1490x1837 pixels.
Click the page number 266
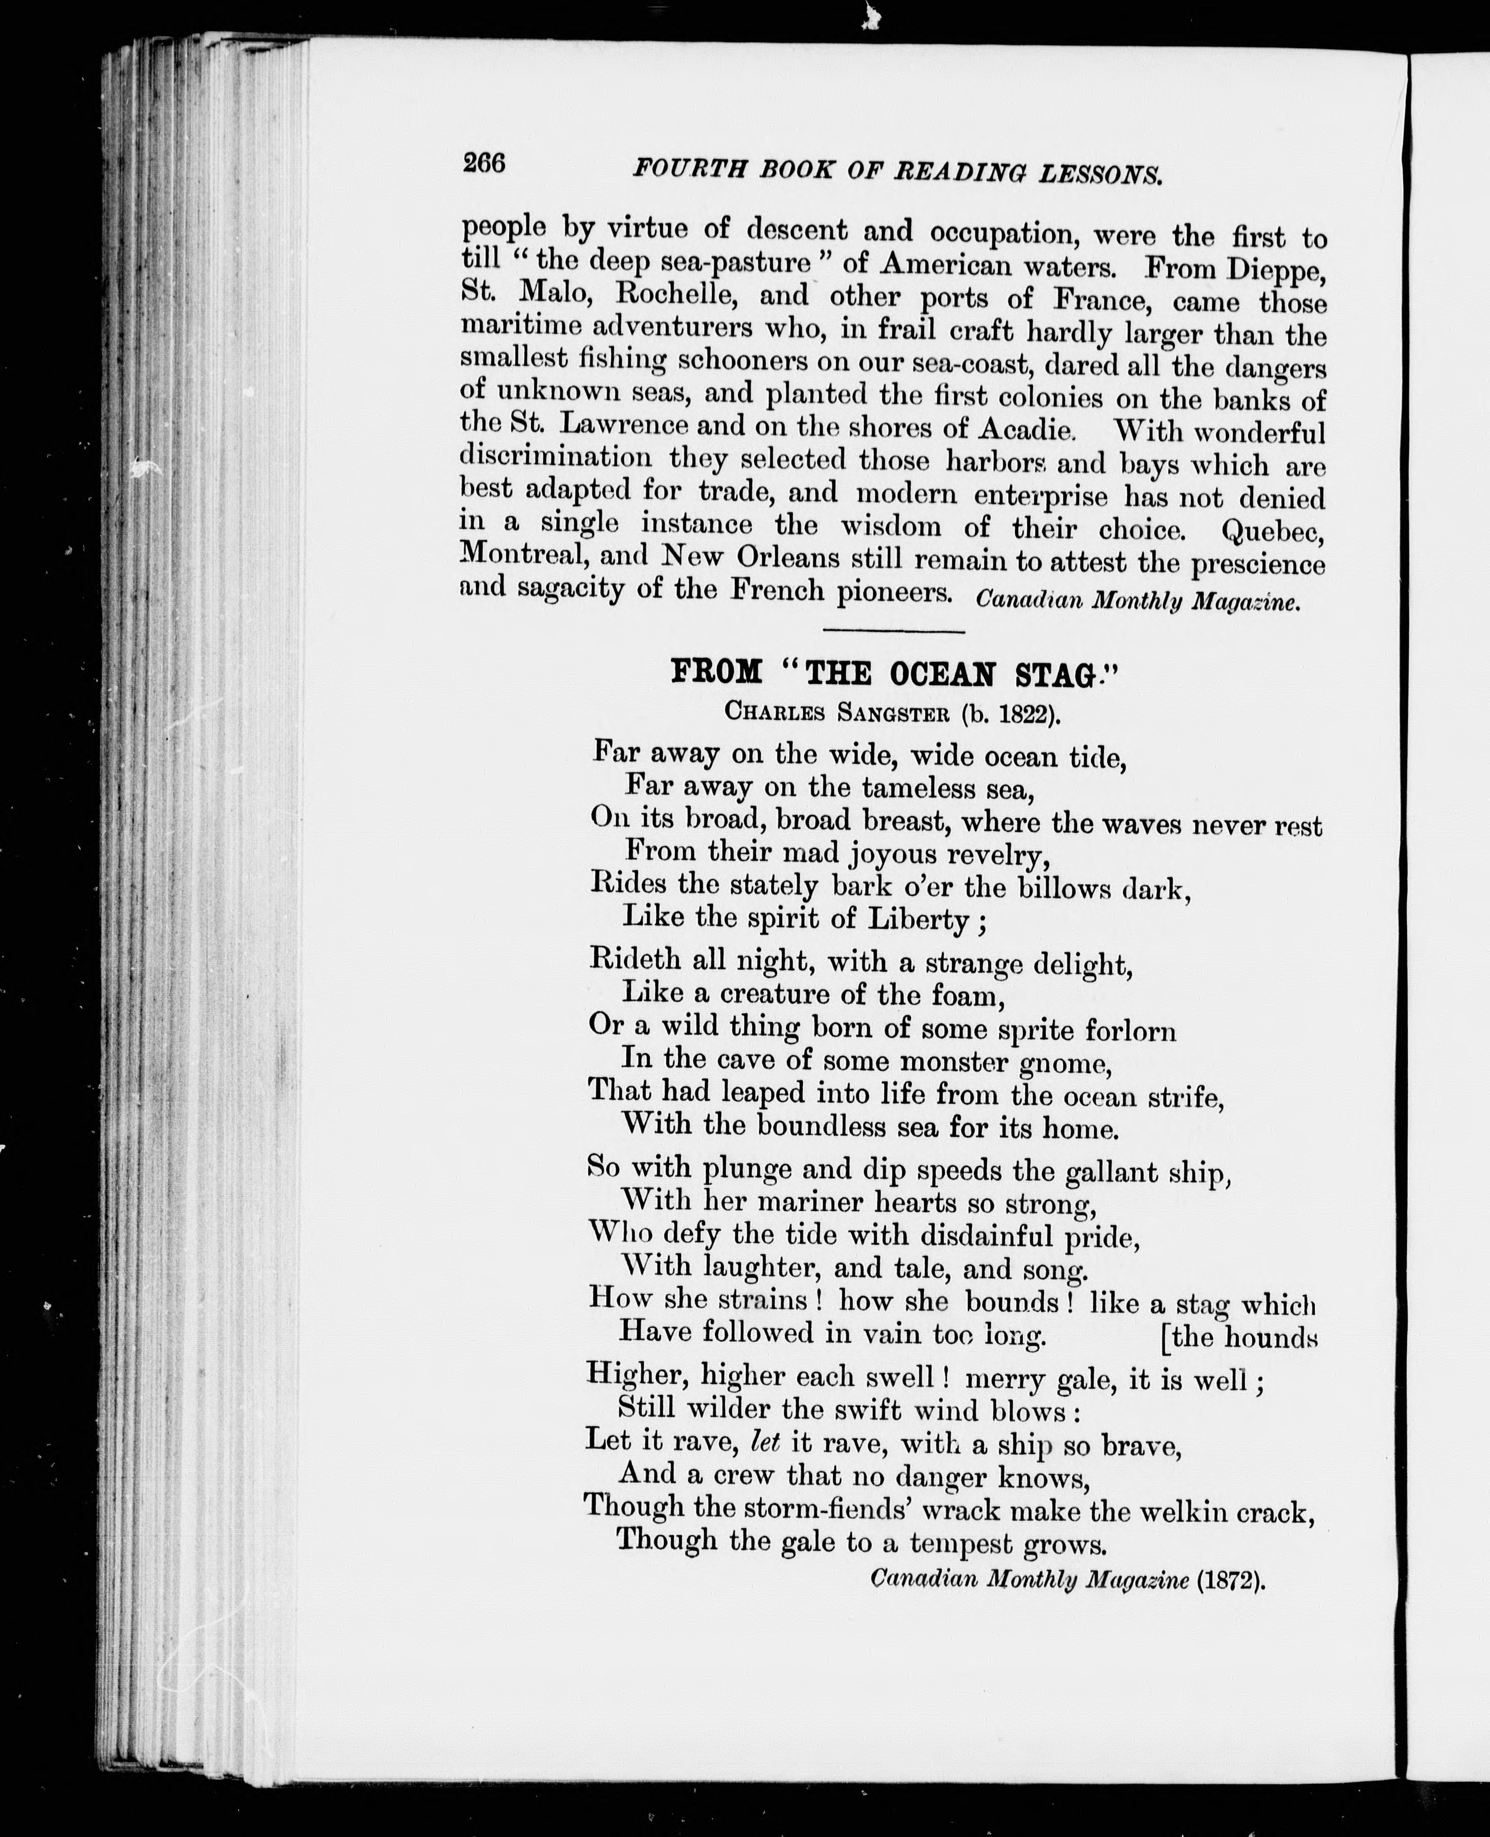pos(484,162)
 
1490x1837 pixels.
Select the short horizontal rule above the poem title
pos(893,631)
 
